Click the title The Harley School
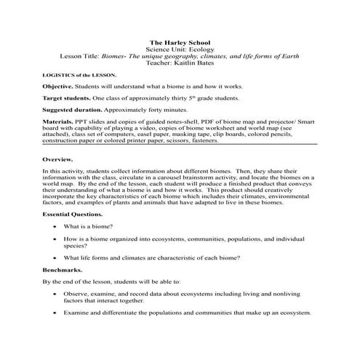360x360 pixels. click(x=180, y=44)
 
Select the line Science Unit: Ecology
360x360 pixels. click(x=180, y=50)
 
